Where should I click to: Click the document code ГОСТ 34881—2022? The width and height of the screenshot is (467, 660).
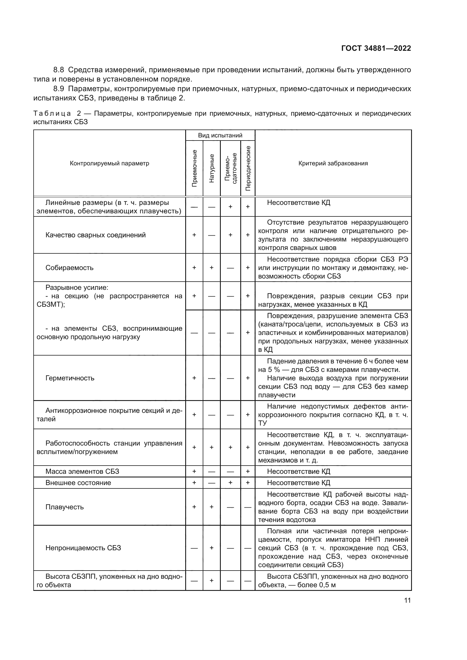(376, 48)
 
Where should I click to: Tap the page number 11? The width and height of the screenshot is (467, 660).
(407, 600)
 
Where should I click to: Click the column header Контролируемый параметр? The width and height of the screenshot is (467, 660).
(109, 164)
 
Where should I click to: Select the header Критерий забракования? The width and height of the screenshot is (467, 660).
(333, 164)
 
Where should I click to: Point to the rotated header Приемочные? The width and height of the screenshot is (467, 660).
(194, 168)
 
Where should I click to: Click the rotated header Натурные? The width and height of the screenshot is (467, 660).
(212, 168)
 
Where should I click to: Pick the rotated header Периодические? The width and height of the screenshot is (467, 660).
(248, 168)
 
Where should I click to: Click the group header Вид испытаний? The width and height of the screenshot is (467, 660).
(220, 135)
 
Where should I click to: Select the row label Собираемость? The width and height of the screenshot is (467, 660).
(69, 267)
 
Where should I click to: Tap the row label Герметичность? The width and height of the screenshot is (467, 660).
(69, 378)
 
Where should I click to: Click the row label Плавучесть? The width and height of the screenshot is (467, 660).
(64, 507)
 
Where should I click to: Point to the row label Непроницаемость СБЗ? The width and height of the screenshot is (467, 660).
(83, 548)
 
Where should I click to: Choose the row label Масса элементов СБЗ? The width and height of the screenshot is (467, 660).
(82, 471)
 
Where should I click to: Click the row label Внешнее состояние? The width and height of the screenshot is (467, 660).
(78, 483)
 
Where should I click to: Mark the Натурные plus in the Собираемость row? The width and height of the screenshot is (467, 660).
(212, 267)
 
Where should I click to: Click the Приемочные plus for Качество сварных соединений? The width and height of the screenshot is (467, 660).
(194, 235)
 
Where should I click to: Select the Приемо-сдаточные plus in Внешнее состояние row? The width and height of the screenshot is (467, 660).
(230, 483)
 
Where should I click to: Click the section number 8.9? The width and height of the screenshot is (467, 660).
(59, 89)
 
